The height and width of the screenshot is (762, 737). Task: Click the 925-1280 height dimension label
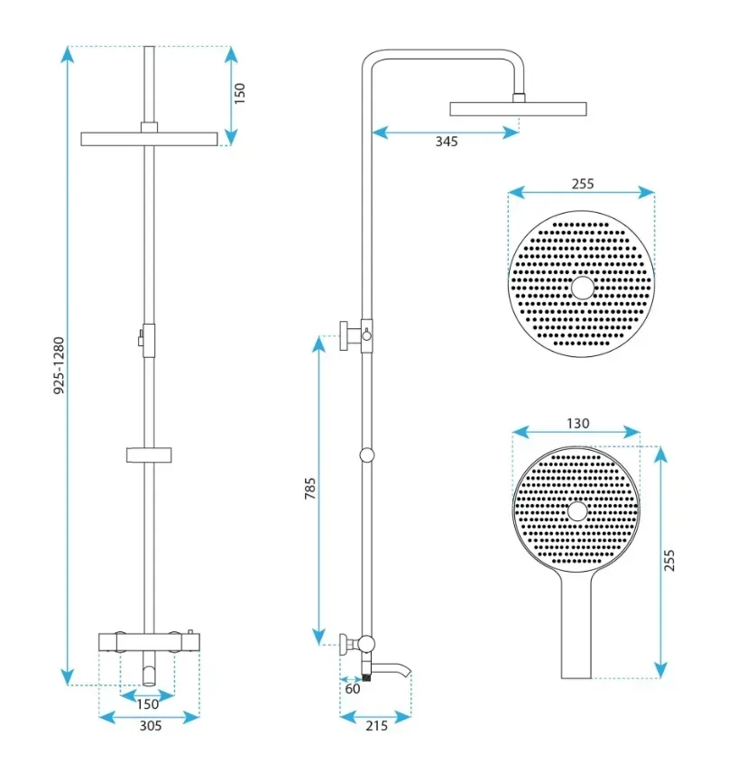pos(59,365)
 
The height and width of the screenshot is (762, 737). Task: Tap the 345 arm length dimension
pos(447,142)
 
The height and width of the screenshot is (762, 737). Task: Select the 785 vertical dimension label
pos(310,489)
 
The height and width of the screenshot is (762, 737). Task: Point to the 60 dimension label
pos(353,689)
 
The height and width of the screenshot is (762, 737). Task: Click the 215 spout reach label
pos(377,726)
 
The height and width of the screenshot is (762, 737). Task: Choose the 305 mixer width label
pos(151,726)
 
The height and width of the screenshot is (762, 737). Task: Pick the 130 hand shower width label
pos(577,423)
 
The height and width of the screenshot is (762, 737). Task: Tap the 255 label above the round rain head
pos(583,184)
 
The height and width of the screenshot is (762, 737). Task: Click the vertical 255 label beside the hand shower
pos(669,560)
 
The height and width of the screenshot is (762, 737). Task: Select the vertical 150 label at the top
pos(240,93)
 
